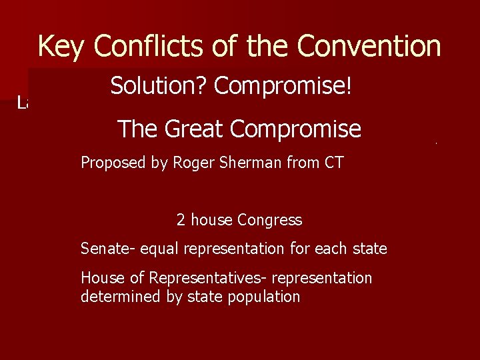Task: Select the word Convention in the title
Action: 369,47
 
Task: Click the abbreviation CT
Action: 333,163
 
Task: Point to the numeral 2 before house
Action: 181,220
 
